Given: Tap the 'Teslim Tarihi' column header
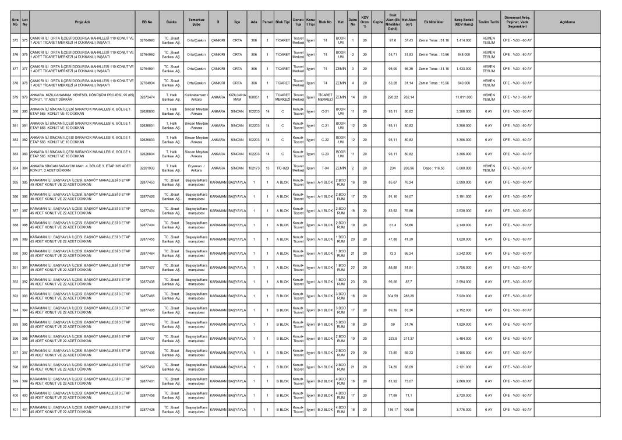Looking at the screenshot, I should (x=489, y=22).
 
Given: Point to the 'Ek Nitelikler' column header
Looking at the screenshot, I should (x=434, y=22).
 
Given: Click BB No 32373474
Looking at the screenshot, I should (x=147, y=97).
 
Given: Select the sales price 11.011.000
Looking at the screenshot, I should (x=463, y=97).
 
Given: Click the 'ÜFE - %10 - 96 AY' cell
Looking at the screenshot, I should (x=517, y=97).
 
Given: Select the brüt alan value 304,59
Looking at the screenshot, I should (x=393, y=295).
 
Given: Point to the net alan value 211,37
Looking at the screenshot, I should (x=409, y=338).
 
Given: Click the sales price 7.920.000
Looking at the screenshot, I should (x=463, y=295).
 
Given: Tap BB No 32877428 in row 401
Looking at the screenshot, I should (x=147, y=409).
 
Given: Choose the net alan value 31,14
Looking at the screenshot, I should (x=409, y=83).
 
